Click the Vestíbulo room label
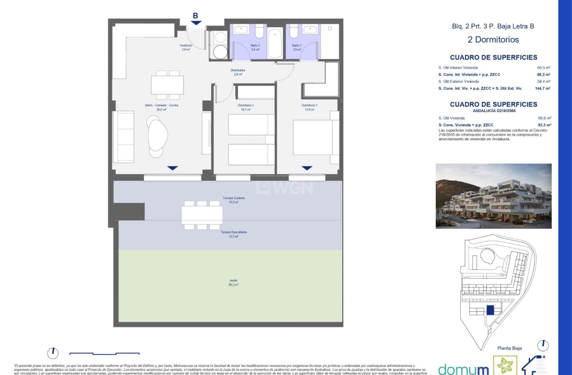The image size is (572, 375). click(186, 47)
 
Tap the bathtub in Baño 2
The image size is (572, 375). click(275, 44)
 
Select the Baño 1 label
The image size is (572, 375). click(297, 47)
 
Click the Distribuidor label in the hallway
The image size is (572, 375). click(238, 72)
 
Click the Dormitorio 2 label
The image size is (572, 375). click(246, 107)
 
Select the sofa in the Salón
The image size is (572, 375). click(123, 136)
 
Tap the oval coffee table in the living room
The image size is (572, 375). click(157, 135)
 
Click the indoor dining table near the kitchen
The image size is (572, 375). click(167, 85)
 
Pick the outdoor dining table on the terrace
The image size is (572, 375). click(202, 215)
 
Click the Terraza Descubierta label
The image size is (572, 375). click(234, 234)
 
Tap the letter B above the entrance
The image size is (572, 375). click(195, 16)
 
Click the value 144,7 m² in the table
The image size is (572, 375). click(543, 88)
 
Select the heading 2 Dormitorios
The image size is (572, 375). click(493, 40)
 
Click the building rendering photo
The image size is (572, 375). click(493, 196)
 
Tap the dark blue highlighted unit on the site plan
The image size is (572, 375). click(490, 310)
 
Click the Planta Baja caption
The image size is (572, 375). click(509, 348)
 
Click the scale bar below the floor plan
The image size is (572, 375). click(104, 353)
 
